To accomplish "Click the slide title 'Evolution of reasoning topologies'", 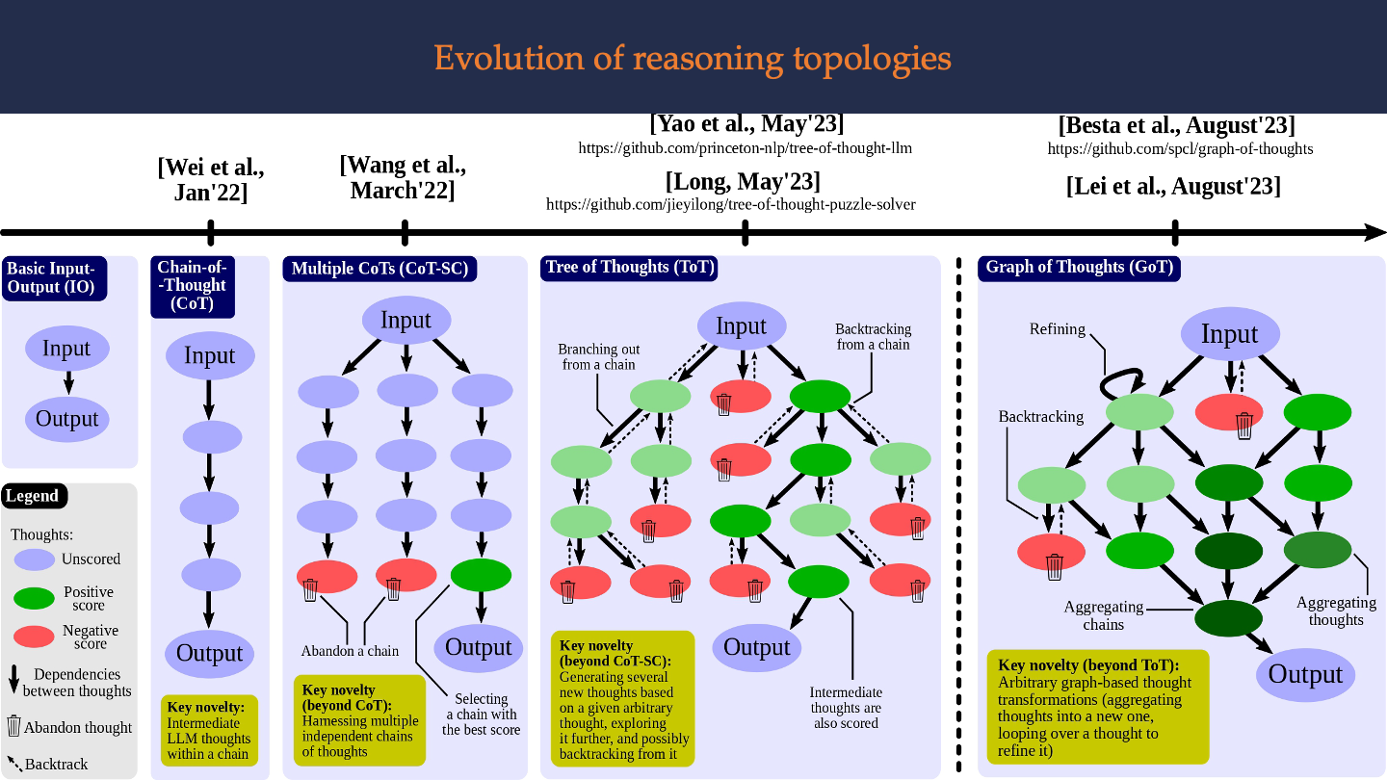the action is (x=693, y=59).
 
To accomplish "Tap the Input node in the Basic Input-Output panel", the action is (x=66, y=349).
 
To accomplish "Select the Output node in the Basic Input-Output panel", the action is (x=66, y=419).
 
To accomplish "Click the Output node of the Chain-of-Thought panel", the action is (x=209, y=653).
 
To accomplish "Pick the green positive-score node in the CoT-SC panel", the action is (x=482, y=575).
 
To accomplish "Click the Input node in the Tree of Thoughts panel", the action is (x=742, y=326).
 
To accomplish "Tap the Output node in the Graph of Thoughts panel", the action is (x=1305, y=675).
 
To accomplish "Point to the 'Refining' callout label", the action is (x=1057, y=329).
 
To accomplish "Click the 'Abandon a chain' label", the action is (x=350, y=651).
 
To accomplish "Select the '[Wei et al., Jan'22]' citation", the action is (x=211, y=179).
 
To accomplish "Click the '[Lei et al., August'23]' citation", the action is (x=1173, y=186).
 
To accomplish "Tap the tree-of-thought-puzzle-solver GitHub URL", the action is (x=731, y=204).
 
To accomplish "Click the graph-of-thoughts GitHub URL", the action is (x=1180, y=148).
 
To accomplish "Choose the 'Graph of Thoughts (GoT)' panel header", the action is (x=1079, y=268).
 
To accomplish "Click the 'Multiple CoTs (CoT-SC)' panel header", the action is (x=379, y=269).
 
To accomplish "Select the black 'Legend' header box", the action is (x=34, y=496).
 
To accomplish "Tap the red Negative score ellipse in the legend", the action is (x=34, y=637).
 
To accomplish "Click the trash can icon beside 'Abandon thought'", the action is (x=13, y=725).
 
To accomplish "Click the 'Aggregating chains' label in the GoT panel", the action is (x=1104, y=615).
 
